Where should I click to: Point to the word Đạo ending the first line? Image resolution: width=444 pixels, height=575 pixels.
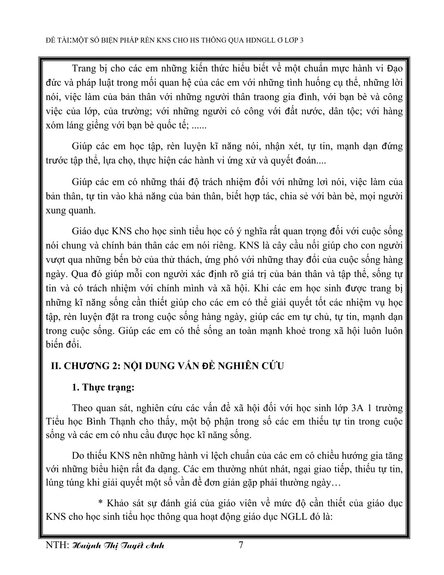click(393, 69)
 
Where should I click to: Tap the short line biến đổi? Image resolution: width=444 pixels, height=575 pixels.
click(63, 344)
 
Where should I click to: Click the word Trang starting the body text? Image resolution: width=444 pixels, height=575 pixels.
click(83, 69)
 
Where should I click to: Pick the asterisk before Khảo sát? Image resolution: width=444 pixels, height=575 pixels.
click(100, 503)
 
